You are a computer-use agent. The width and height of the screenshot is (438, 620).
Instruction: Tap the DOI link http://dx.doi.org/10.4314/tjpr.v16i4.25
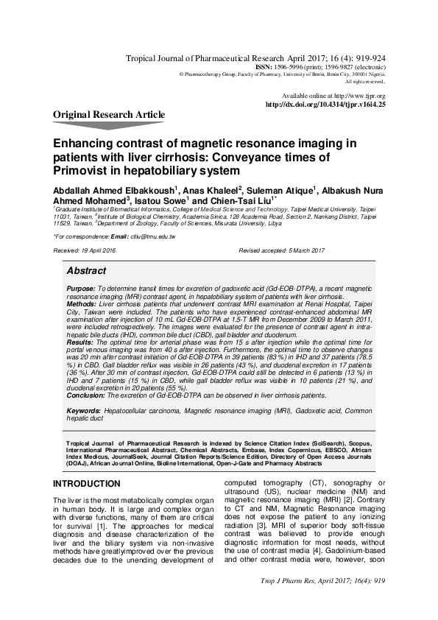click(x=325, y=105)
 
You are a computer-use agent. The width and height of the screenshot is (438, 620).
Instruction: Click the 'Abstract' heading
click(x=86, y=271)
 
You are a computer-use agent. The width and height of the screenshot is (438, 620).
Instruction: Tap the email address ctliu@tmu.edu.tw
click(x=152, y=236)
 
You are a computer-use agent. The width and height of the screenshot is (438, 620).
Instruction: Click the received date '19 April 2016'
click(x=99, y=251)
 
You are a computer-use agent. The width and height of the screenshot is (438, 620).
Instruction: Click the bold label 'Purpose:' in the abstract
click(x=80, y=288)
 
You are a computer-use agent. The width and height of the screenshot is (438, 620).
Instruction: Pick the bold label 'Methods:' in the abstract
click(x=81, y=303)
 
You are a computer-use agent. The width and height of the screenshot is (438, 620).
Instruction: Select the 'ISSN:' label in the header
click(x=264, y=66)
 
